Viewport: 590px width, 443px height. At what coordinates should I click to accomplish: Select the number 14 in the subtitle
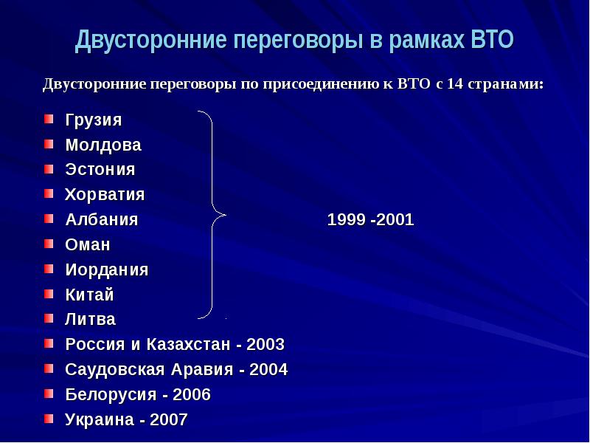455,83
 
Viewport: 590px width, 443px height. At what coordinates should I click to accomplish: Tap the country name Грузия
94,120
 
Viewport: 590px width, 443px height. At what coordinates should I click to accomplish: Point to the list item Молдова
103,145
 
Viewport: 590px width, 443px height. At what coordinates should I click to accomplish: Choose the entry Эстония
100,170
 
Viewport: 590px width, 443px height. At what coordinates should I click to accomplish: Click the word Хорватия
105,195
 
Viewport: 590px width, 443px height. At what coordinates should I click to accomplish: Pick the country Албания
102,219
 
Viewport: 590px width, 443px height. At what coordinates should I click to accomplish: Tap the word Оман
88,245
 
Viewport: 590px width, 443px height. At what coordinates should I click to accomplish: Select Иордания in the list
107,270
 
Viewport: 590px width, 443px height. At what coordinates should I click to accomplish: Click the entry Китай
89,295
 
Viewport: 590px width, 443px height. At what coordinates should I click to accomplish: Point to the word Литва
90,320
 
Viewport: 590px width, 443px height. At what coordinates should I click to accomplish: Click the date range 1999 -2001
371,219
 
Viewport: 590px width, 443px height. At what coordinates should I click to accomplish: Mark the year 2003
265,344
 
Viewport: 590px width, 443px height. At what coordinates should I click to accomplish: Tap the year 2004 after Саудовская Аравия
268,370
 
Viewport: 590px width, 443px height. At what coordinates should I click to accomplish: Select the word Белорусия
111,395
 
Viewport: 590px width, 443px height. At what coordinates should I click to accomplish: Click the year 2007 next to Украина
169,419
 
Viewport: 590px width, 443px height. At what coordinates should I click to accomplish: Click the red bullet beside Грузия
49,120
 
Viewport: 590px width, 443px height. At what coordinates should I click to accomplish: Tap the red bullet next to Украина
49,419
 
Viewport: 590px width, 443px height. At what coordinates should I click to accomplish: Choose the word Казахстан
188,344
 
